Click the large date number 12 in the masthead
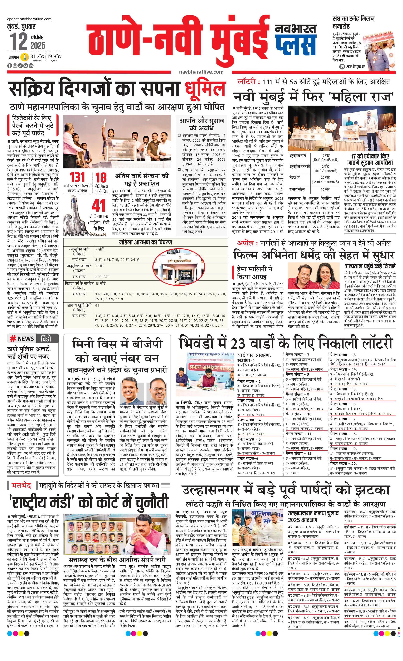point(19,42)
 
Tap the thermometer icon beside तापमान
point(25,57)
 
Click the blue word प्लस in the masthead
point(295,46)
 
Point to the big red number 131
point(77,178)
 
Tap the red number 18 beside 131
point(101,178)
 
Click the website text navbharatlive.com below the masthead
point(201,72)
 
